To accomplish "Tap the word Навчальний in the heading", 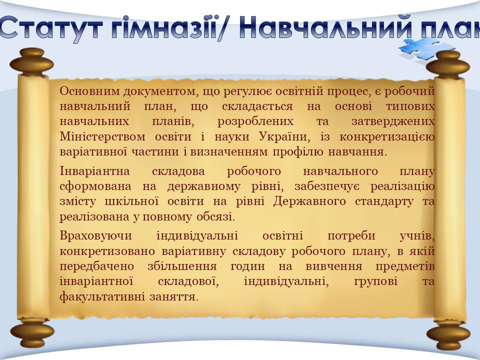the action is pos(325,27).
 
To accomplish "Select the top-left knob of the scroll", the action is pos(31,61).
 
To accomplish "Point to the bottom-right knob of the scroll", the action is pos(448,334).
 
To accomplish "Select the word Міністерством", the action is pos(102,136).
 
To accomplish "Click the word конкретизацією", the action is pos(387,137).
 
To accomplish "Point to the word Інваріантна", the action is pos(94,171).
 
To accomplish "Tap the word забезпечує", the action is pos(327,186).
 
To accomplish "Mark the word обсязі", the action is pos(215,217).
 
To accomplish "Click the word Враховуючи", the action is pos(95,236).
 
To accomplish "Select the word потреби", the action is pos(351,235).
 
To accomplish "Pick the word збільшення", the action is pos(182,266).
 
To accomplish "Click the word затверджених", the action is pos(393,121).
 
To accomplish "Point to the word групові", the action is pos(375,281).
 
